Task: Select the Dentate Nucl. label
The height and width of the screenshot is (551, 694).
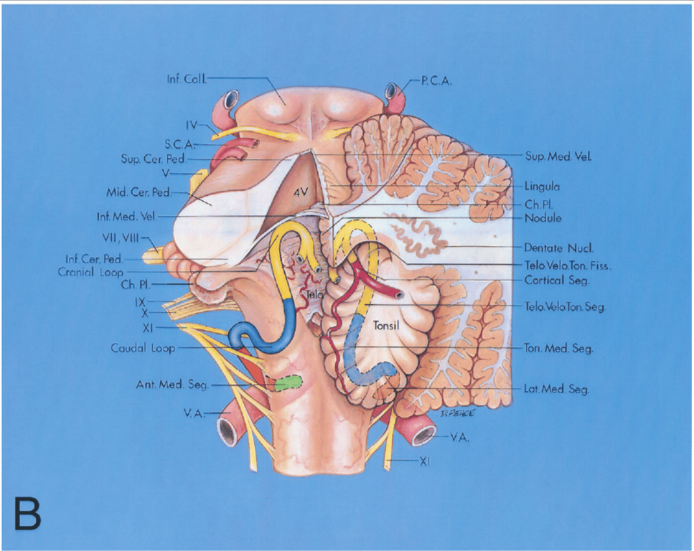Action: point(553,248)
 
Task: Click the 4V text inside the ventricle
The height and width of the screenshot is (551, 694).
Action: point(301,192)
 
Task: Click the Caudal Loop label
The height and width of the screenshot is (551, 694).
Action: point(141,348)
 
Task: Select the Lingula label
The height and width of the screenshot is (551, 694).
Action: point(542,186)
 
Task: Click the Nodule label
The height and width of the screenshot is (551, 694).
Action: point(543,217)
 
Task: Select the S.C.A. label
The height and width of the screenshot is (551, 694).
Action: point(174,144)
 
